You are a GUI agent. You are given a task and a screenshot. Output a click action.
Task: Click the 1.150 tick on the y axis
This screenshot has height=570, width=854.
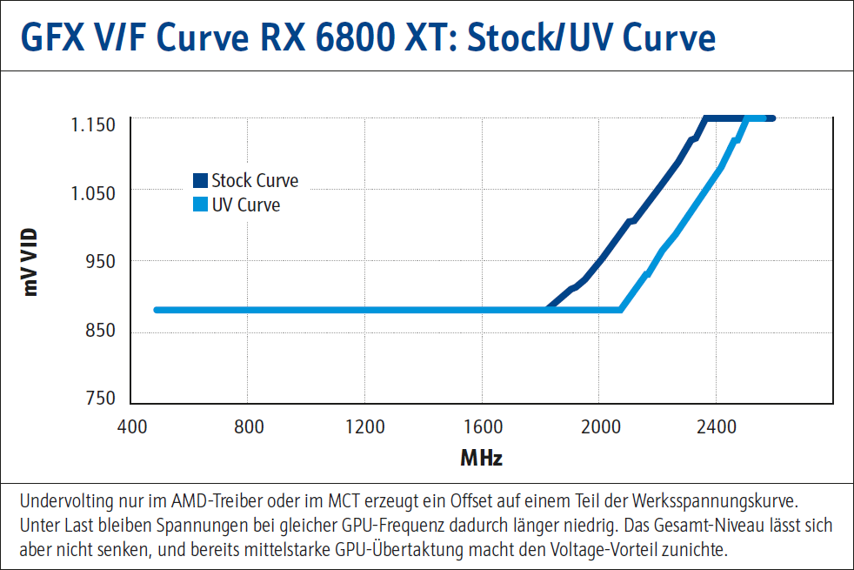(92, 124)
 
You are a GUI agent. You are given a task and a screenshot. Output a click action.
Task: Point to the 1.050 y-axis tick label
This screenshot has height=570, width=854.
(92, 193)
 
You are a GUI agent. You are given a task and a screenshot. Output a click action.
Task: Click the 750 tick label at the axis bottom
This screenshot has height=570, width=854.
(100, 399)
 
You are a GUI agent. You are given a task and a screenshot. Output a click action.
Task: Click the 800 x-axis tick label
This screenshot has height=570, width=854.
(248, 427)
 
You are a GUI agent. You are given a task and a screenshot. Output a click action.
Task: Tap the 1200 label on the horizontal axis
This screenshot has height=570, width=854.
(364, 427)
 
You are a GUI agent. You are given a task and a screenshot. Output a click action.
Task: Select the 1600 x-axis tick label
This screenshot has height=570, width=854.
(482, 427)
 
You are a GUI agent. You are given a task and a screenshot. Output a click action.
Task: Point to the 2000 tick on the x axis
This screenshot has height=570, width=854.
(598, 427)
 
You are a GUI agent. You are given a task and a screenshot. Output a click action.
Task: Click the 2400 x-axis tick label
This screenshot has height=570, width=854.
(716, 427)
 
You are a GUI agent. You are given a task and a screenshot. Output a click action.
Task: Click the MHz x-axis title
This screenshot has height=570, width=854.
(482, 458)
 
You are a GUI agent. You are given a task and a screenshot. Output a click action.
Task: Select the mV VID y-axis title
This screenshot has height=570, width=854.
(32, 261)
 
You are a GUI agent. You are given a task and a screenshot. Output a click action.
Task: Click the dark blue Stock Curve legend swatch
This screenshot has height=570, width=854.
(200, 181)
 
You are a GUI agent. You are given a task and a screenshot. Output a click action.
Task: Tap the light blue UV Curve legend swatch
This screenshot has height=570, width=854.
(200, 205)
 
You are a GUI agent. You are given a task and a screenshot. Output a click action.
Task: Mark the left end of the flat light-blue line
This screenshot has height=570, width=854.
(157, 310)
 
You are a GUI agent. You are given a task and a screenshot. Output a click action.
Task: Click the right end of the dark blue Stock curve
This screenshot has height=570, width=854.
(771, 118)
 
